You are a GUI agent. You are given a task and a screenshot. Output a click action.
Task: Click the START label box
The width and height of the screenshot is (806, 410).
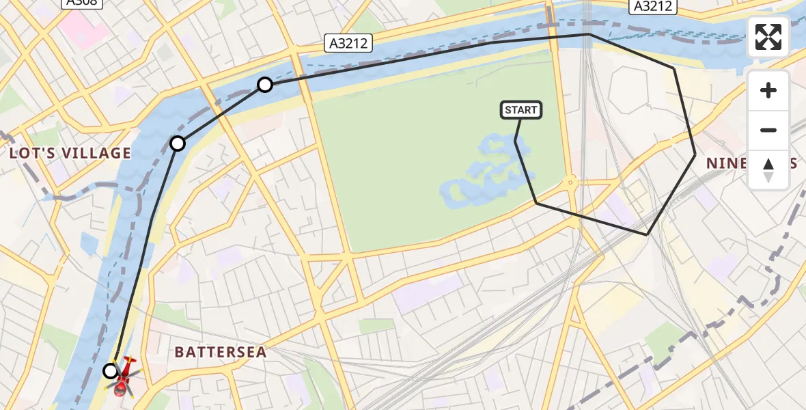pyautogui.click(x=521, y=110)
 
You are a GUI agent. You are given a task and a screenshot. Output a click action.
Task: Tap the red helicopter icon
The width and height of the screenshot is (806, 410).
pyautogui.click(x=124, y=378)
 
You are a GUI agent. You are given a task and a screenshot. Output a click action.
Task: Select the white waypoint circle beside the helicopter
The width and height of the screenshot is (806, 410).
pyautogui.click(x=111, y=371)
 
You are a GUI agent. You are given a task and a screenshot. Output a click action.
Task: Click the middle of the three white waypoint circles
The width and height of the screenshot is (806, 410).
pyautogui.click(x=178, y=143)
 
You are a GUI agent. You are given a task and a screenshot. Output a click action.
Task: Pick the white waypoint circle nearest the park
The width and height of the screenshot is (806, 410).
pyautogui.click(x=265, y=85)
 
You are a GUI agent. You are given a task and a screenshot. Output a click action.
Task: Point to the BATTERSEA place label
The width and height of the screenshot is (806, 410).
pyautogui.click(x=220, y=352)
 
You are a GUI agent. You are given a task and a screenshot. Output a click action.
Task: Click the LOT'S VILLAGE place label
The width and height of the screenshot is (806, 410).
pyautogui.click(x=70, y=153)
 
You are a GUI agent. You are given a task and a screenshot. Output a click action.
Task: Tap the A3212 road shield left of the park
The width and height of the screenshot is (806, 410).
pyautogui.click(x=347, y=44)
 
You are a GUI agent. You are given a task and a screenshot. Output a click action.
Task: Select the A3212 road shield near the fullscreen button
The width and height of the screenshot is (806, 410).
pyautogui.click(x=652, y=6)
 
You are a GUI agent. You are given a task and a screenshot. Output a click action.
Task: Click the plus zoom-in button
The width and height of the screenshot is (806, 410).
pyautogui.click(x=768, y=91)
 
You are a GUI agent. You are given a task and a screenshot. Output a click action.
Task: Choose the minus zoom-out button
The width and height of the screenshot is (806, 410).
pyautogui.click(x=768, y=130)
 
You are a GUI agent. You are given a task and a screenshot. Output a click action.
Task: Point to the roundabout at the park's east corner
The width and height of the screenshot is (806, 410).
pyautogui.click(x=570, y=182)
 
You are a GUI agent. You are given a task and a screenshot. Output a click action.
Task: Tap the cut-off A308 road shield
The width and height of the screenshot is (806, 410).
pyautogui.click(x=82, y=3)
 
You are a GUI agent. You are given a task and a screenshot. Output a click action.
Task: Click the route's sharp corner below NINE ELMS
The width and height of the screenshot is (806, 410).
pyautogui.click(x=647, y=234)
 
